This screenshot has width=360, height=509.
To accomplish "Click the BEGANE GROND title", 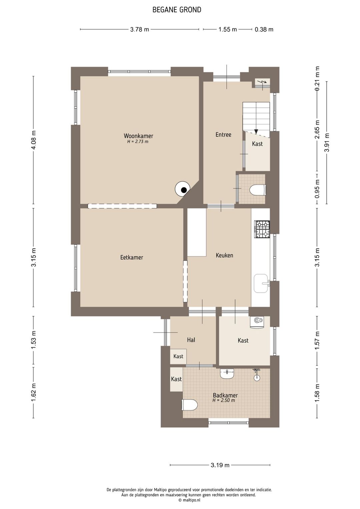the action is point(177,10).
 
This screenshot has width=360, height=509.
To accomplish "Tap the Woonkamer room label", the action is point(138,136).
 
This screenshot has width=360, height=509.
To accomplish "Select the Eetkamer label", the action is point(132,258).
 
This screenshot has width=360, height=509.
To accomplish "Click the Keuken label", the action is point(224,256).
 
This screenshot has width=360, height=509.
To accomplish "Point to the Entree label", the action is point(223,134).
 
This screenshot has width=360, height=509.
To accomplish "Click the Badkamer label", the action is point(225,395).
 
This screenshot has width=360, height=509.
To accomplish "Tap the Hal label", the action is point(191,340).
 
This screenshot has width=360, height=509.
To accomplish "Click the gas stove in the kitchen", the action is point(262,229).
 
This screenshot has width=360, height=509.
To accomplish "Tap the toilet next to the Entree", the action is point(258,190).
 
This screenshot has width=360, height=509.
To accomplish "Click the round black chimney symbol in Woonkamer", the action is point(184,190).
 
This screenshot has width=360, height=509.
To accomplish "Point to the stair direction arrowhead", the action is point(256,131).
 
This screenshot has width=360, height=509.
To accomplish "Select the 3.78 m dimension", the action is point(139,29).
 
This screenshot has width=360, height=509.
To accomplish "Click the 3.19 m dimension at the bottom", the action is point(220,465).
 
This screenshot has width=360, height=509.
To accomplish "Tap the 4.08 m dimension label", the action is point(34,140).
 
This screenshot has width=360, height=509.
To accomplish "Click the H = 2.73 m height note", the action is point(138,142).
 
